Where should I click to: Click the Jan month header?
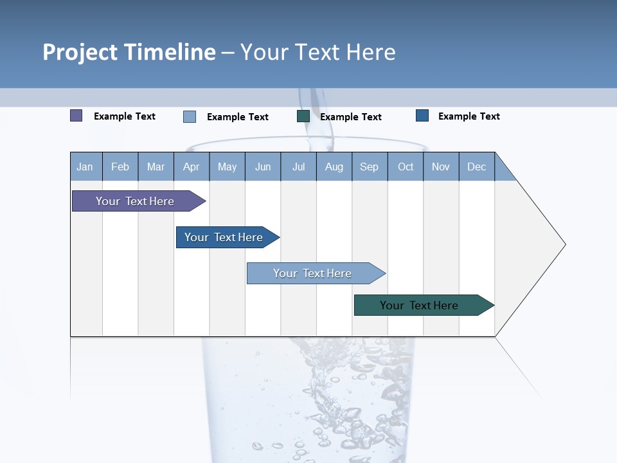[85, 167]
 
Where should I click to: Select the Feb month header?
[120, 167]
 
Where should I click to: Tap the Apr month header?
[191, 167]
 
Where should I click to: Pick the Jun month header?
[263, 167]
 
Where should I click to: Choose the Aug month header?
[334, 167]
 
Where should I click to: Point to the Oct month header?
[406, 167]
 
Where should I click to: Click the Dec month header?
[476, 167]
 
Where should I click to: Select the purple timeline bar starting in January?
[135, 201]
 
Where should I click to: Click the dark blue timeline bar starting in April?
[224, 237]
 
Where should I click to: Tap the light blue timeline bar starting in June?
[312, 273]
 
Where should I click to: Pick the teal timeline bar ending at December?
[419, 305]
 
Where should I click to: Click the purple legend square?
[76, 116]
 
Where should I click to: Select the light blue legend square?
[190, 116]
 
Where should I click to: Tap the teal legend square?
[303, 116]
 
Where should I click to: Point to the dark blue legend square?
[422, 116]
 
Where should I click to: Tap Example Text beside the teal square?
[350, 117]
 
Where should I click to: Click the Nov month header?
[440, 167]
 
